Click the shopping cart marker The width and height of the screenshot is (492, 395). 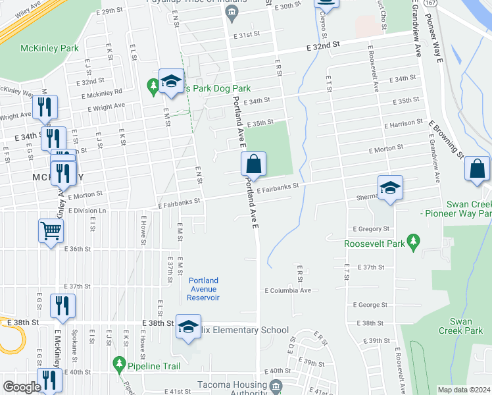click(x=51, y=231)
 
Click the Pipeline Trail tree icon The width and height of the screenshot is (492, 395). click(x=119, y=363)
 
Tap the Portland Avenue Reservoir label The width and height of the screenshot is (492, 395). click(x=204, y=289)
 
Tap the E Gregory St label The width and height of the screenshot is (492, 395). click(x=371, y=228)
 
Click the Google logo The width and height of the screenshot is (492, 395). click(x=21, y=387)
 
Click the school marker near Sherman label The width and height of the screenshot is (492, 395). click(x=390, y=188)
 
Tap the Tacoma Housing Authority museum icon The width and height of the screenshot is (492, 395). click(x=276, y=385)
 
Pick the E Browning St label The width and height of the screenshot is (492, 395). click(x=447, y=140)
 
